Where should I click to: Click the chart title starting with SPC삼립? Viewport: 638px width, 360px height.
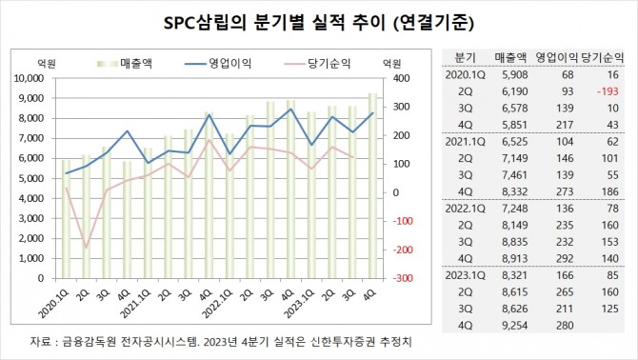[318, 19]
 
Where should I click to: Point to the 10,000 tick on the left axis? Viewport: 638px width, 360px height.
[30, 78]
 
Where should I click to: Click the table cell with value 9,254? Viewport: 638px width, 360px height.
[509, 327]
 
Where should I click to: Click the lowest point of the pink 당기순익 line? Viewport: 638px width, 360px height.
[87, 248]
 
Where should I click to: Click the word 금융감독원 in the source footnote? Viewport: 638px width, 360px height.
[85, 341]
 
